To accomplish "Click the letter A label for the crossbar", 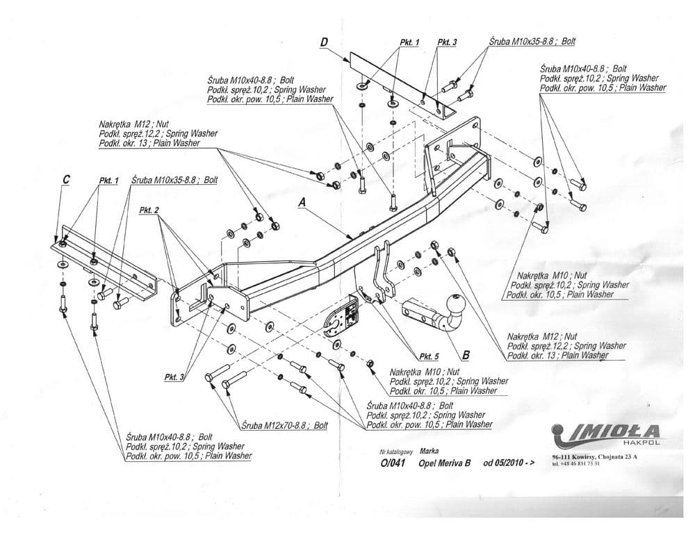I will coord(301,201).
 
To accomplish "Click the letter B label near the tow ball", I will coord(465,355).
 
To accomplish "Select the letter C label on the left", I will coord(66,179).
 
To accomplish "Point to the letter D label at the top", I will coord(325,43).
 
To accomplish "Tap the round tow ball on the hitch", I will coord(456,304).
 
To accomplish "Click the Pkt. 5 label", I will coord(430,357).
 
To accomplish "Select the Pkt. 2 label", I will coord(149,210).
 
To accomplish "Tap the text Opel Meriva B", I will coord(440,464).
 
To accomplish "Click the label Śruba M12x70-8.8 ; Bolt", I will coord(284,425).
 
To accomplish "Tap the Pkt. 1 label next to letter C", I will coord(108,181).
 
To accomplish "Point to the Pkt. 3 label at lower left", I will coord(174,377).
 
